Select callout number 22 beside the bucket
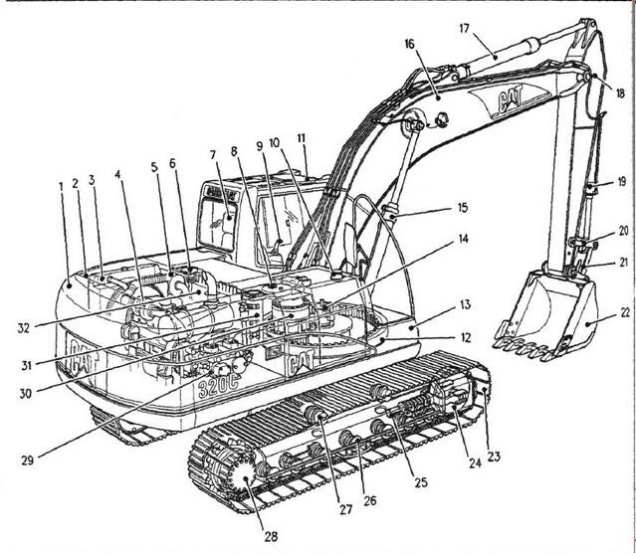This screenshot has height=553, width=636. click(623, 311)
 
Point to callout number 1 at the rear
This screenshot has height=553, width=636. click(60, 186)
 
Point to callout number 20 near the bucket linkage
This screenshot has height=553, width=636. click(623, 230)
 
